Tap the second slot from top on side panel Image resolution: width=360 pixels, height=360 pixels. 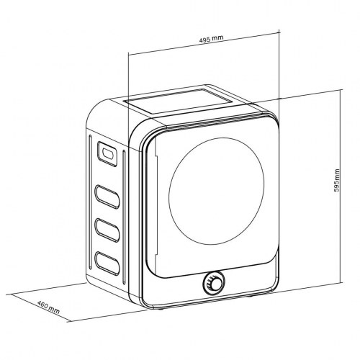[107, 195]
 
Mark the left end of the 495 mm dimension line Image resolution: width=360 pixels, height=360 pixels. [128, 52]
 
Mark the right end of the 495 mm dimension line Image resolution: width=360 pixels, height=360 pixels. [278, 32]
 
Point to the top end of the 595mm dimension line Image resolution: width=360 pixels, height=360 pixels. [339, 89]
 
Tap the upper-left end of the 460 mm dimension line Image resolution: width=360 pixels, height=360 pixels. [11, 294]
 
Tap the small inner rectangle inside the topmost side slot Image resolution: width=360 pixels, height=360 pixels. [106, 153]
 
